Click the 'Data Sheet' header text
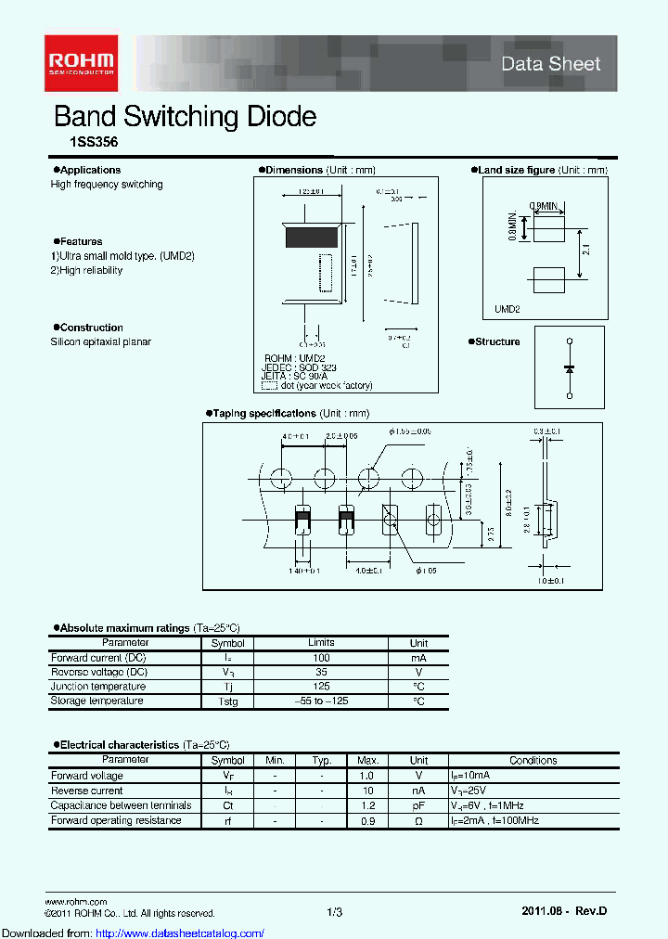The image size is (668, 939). click(550, 64)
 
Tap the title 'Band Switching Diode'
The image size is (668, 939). click(186, 117)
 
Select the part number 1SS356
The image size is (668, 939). click(81, 144)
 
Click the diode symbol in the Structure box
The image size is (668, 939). click(569, 368)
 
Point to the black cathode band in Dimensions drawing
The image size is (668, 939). click(312, 237)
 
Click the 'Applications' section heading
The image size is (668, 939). click(89, 170)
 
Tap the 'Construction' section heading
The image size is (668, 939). click(90, 328)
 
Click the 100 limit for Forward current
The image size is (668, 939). click(321, 658)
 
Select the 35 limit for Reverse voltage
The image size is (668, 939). click(321, 672)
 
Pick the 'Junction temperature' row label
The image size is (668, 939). click(97, 687)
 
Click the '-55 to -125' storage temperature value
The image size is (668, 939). click(321, 701)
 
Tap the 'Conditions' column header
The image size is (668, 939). click(533, 760)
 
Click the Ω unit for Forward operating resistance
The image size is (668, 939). click(418, 820)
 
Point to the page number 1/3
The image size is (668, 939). click(334, 913)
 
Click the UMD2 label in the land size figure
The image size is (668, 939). click(507, 309)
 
